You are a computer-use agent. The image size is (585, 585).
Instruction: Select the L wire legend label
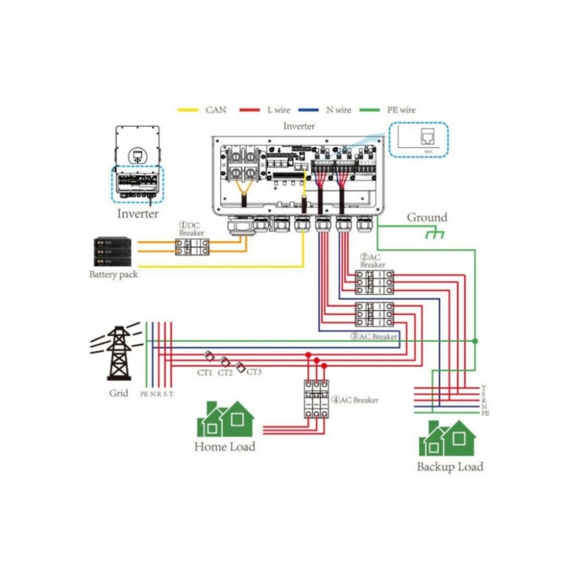[278, 109]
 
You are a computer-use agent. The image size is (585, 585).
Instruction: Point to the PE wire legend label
[401, 109]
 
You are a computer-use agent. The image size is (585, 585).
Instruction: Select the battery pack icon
[112, 252]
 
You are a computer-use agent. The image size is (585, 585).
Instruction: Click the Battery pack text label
[113, 274]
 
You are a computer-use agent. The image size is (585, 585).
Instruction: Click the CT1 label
[205, 373]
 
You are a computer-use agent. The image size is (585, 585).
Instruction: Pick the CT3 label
[254, 371]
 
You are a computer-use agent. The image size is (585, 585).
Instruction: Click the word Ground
[427, 218]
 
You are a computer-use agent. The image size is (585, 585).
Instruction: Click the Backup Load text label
[450, 467]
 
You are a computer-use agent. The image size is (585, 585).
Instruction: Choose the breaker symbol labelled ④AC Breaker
[316, 398]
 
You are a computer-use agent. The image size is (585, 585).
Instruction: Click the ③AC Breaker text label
[374, 336]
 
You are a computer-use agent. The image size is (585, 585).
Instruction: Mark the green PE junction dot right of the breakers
[475, 340]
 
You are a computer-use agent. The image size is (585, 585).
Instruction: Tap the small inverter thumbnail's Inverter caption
[137, 214]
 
